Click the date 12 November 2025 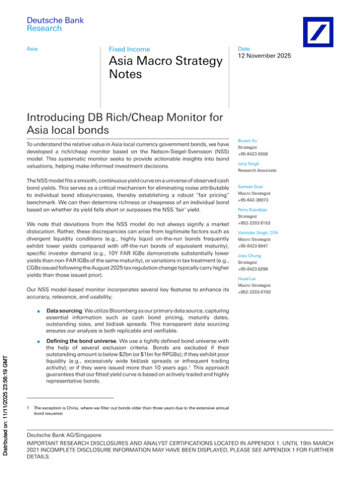coord(265,56)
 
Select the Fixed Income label coord(129,49)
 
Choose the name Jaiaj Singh coord(248,163)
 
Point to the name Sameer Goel coord(250,187)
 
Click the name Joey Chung coord(248,255)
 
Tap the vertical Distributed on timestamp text coord(6,409)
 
